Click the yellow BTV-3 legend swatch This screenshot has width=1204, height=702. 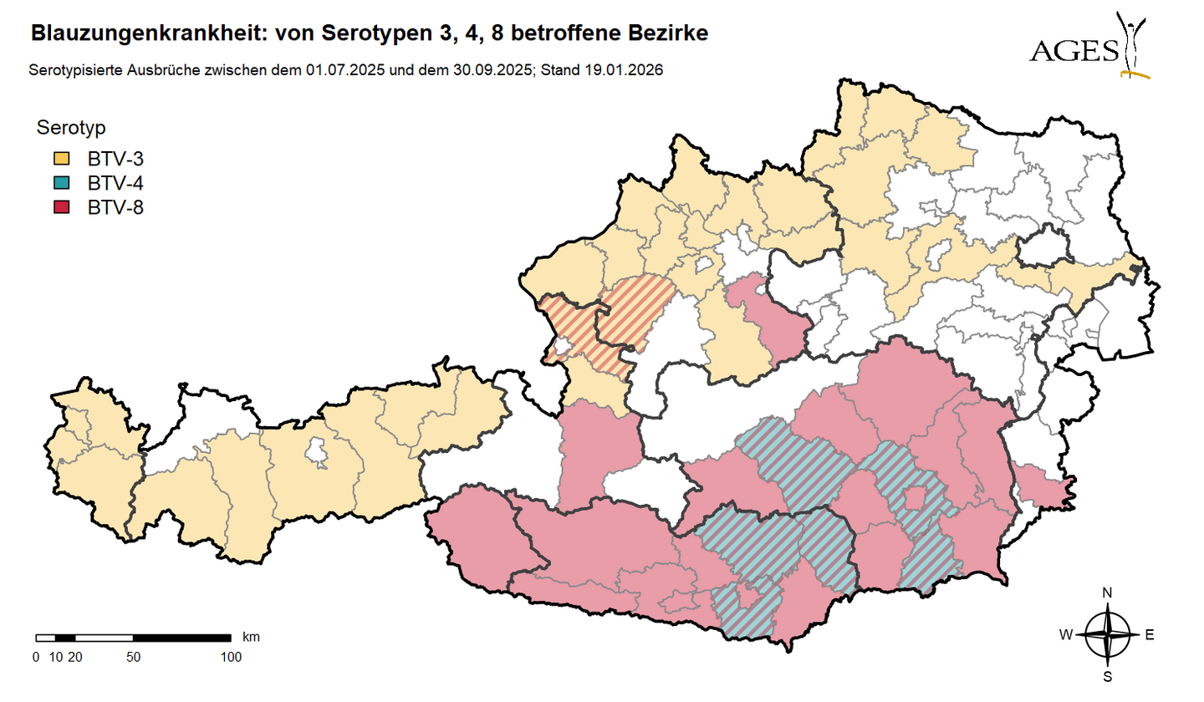(x=61, y=159)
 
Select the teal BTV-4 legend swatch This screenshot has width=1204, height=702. (x=61, y=183)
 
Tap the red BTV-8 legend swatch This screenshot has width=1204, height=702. (x=61, y=207)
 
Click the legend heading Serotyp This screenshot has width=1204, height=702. (x=70, y=128)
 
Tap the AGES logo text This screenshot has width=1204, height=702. (x=1074, y=52)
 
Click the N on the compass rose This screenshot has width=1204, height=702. (x=1107, y=593)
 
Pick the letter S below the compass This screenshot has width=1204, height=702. (x=1107, y=676)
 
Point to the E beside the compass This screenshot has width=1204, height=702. (x=1149, y=635)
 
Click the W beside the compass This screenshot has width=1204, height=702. (x=1066, y=635)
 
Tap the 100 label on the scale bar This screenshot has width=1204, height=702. (x=230, y=657)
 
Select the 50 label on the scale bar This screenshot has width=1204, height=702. (x=133, y=657)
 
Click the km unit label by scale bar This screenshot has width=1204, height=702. (x=251, y=637)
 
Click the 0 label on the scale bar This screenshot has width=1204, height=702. (x=36, y=657)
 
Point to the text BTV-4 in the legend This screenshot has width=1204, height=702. (x=116, y=183)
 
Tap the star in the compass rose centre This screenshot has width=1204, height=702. (x=1107, y=635)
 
